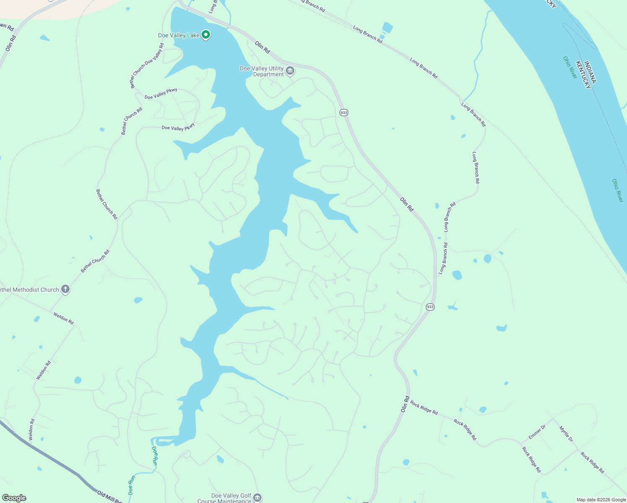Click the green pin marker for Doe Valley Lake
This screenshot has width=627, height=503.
206,35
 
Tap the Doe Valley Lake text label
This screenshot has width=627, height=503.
179,35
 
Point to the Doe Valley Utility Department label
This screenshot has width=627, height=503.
262,71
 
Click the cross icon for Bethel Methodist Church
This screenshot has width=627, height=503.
65,289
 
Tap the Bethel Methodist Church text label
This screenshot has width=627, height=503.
29,290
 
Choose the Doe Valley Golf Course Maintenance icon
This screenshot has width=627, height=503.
257,498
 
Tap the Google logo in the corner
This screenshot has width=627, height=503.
14,498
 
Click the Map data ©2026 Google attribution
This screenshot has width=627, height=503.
601,500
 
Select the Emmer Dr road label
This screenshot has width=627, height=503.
537,432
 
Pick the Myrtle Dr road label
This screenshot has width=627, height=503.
566,434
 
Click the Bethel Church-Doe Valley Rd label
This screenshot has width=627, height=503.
147,65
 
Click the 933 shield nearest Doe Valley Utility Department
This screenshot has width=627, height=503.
344,113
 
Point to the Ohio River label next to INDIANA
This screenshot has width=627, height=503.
570,67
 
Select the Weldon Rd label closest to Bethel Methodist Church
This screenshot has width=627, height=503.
63,318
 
